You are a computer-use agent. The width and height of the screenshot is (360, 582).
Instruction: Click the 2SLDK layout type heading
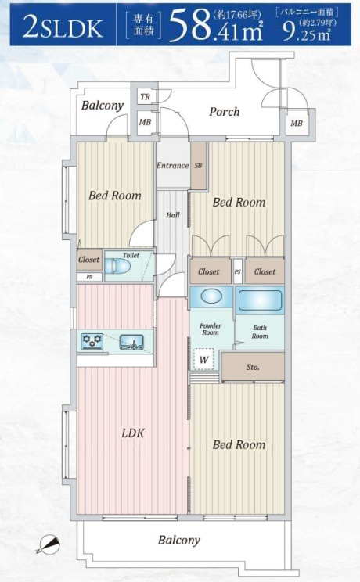coord(63,28)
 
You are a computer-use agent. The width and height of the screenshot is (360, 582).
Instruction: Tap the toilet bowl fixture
coord(117,266)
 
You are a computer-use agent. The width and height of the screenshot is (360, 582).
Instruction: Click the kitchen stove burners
coord(92,341)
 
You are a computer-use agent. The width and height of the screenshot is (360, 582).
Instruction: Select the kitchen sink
coord(131,342)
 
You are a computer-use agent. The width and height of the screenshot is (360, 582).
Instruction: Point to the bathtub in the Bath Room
coord(260,300)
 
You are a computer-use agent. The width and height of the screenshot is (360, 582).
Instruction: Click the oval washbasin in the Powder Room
coord(211,296)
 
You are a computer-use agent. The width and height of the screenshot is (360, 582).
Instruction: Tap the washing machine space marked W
coord(203,359)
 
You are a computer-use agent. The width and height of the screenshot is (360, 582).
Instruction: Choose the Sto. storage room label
coord(253,367)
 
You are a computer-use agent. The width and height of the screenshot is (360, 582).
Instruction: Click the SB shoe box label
coord(198,166)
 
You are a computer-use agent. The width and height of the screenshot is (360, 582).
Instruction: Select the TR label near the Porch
coord(146,97)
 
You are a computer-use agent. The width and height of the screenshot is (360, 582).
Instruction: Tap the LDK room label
coord(133,433)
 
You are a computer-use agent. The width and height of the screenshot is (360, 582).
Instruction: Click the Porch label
coord(225,111)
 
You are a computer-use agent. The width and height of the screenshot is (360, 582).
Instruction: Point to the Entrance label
coord(172,166)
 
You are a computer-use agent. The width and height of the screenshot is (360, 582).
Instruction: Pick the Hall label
coord(173,215)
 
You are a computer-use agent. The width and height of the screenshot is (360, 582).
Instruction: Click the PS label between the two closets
coord(238,271)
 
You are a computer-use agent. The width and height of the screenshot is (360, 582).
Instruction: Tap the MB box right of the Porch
coord(297,123)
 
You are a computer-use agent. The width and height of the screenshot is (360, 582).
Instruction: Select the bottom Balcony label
coord(179,541)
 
